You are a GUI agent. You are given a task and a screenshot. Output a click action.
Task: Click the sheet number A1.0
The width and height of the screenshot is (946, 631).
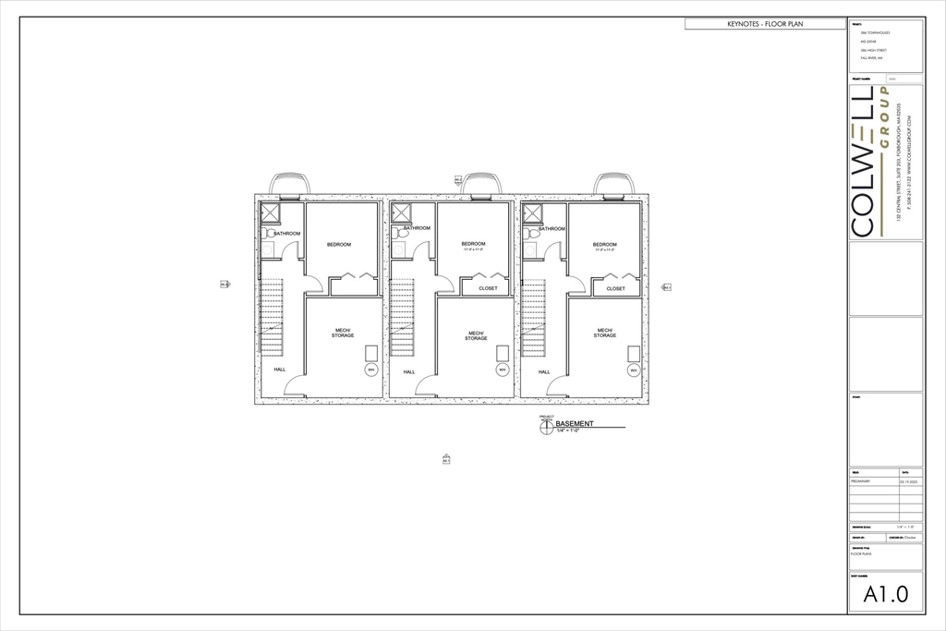[x=885, y=596]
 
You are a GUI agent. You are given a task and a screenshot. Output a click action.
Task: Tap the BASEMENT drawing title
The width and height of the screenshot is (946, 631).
[x=575, y=424]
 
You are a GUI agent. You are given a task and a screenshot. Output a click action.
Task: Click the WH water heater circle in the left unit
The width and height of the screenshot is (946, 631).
[x=371, y=370]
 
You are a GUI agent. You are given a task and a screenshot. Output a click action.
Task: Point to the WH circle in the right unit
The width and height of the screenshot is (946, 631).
[x=634, y=370]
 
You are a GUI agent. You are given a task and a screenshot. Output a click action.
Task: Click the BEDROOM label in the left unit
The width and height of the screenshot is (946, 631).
[x=339, y=245]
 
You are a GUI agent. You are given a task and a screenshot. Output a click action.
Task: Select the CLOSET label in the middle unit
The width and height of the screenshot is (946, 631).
[x=488, y=288]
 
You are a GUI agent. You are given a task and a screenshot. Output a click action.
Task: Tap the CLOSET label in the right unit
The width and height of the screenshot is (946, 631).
[x=616, y=288]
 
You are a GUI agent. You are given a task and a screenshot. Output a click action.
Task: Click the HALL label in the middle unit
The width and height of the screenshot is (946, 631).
[x=408, y=372]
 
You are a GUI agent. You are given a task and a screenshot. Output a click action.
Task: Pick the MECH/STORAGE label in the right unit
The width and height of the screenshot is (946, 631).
[x=605, y=333]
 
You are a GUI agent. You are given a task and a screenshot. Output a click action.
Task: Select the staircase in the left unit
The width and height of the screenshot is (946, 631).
[x=272, y=320]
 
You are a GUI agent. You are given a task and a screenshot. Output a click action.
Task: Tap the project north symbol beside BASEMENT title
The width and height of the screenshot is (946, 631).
[x=547, y=427]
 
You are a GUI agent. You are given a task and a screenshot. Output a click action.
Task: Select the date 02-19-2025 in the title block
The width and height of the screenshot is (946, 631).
[x=909, y=481]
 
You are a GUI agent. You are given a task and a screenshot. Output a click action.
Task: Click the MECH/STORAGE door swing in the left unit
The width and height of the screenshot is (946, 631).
[x=295, y=387]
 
